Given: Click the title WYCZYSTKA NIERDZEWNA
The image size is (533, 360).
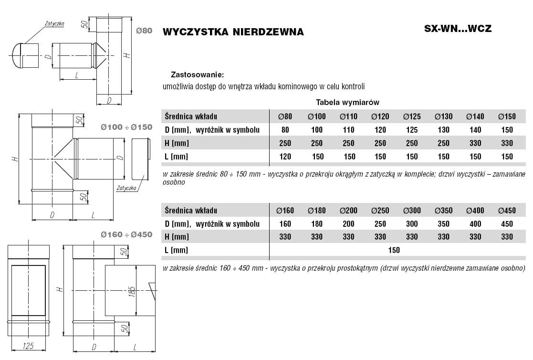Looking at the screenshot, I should click(x=233, y=32).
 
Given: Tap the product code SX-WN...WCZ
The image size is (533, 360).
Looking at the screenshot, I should click(x=458, y=28).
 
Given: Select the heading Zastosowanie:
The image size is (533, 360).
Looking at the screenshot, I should click(x=197, y=75).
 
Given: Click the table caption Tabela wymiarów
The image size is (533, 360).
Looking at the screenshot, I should click(x=347, y=102).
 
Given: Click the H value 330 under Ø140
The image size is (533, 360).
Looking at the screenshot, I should click(x=475, y=143).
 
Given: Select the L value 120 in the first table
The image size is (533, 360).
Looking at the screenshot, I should click(x=285, y=156).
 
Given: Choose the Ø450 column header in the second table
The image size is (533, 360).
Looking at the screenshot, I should click(x=507, y=211).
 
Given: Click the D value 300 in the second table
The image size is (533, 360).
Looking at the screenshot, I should click(x=411, y=223).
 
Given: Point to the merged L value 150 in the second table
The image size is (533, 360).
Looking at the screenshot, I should click(x=394, y=250).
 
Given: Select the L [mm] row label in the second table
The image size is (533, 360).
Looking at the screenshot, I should click(x=177, y=250).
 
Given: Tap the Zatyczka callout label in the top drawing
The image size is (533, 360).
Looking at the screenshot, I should click(x=54, y=23).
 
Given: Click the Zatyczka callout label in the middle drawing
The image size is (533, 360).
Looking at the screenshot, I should click(x=126, y=188).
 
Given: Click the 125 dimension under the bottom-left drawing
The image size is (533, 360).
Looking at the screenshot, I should click(x=28, y=346).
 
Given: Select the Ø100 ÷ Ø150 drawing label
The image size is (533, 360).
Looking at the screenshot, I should click(x=126, y=127).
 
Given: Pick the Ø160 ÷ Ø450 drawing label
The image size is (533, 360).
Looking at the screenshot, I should click(x=126, y=234).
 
